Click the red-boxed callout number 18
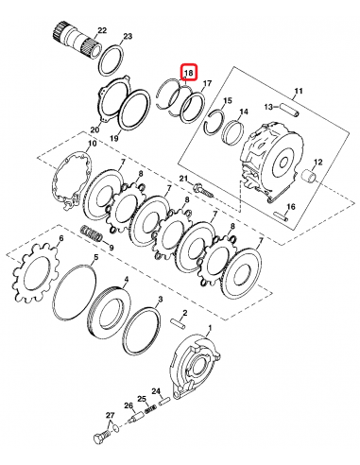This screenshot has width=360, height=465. click(188, 73)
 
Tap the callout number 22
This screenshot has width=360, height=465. click(102, 32)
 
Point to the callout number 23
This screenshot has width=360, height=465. click(129, 37)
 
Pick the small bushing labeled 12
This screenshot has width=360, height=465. click(311, 176)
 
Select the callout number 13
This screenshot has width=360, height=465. click(268, 107)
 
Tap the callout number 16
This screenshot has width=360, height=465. click(292, 206)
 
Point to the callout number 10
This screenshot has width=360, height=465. click(91, 144)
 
